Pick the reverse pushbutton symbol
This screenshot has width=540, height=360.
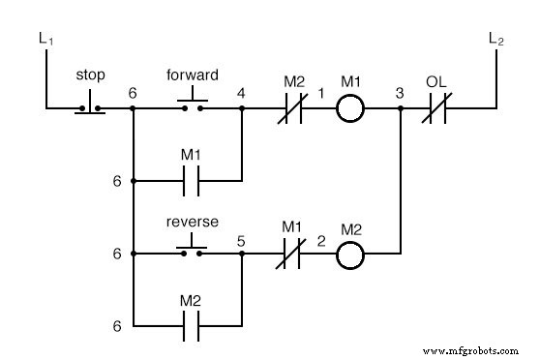click(193, 250)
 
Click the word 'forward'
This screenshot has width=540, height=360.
click(193, 75)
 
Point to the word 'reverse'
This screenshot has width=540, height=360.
click(193, 222)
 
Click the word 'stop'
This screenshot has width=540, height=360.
click(90, 75)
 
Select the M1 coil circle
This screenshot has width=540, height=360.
click(349, 109)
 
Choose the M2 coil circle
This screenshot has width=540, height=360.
click(349, 255)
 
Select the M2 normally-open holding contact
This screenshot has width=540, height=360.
click(192, 326)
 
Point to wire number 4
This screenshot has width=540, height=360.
click(241, 94)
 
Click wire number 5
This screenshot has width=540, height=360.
click(241, 239)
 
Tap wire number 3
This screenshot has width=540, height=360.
click(399, 94)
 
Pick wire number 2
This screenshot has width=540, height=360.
click(318, 239)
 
